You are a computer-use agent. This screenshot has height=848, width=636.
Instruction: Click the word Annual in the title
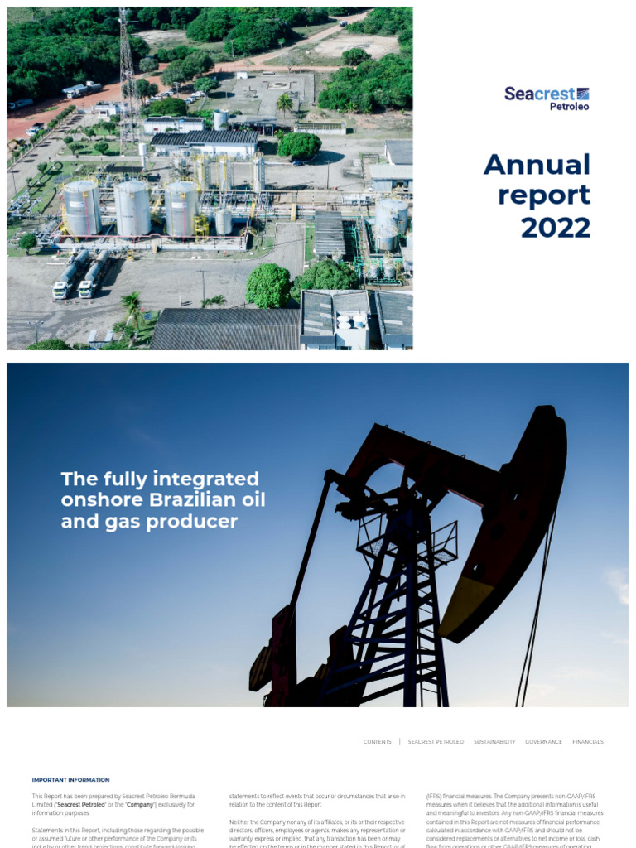537,164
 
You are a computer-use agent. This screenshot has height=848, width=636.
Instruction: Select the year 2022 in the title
555,226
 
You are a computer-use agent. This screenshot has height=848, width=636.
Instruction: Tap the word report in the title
544,195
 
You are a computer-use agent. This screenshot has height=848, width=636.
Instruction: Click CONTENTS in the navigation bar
378,742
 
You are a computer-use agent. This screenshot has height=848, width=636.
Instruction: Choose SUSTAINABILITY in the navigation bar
494,742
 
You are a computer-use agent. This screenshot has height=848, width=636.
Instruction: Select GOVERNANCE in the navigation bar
543,742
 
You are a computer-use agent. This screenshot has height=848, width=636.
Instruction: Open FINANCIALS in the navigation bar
588,742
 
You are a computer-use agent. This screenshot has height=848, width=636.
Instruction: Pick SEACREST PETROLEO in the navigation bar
436,742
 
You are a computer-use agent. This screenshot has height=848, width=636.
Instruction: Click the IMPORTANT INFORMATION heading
70,780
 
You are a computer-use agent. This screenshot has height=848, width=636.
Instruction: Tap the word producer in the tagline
202,522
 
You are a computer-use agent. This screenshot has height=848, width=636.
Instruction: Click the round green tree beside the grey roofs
268,286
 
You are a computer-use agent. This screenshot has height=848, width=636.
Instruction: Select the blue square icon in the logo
583,94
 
